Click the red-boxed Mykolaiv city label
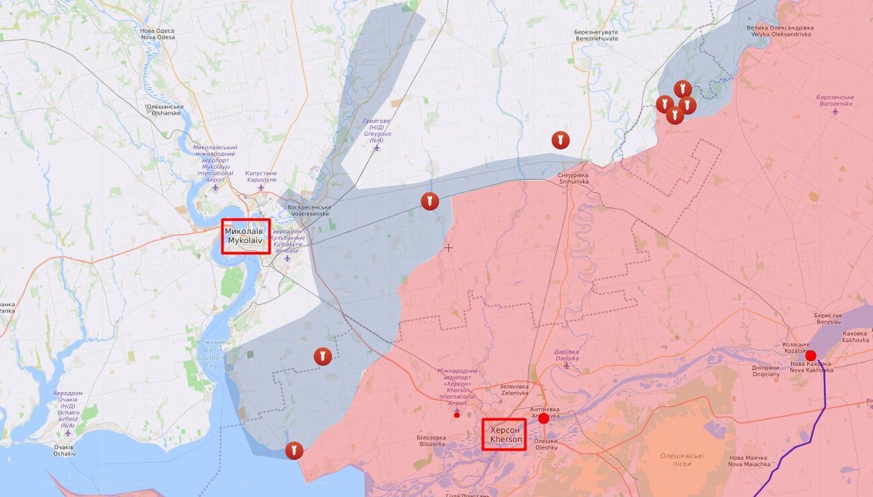click(x=246, y=235)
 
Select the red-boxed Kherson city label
click(x=504, y=434)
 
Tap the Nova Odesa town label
click(x=158, y=34)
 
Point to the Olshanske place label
click(x=165, y=110)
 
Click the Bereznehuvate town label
click(x=596, y=36)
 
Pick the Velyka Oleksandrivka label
click(x=780, y=32)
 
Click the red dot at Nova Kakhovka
click(x=811, y=356)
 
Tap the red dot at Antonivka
click(x=544, y=418)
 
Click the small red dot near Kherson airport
click(x=457, y=415)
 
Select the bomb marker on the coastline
click(x=294, y=451)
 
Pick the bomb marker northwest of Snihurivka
click(x=560, y=140)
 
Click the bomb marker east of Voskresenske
click(x=429, y=200)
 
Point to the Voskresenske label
click(x=308, y=210)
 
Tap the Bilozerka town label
click(x=431, y=441)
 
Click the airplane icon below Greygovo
click(x=376, y=147)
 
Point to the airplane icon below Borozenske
click(x=835, y=112)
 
